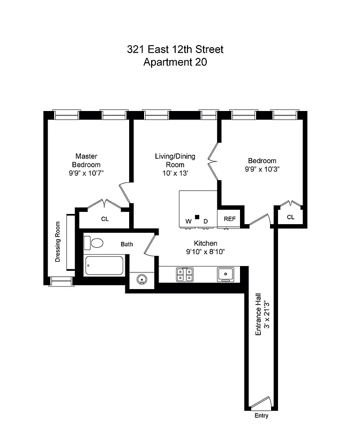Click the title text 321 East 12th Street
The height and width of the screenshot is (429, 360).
tap(175, 50)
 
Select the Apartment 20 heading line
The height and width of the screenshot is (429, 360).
tap(175, 62)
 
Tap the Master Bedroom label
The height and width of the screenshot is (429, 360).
tap(87, 160)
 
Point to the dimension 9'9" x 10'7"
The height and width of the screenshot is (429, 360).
tap(86, 173)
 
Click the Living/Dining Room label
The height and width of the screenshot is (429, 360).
tap(175, 160)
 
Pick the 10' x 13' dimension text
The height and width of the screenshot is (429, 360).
tap(175, 173)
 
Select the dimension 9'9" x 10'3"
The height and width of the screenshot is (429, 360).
tap(262, 169)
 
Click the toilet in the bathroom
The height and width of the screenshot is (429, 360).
tap(95, 243)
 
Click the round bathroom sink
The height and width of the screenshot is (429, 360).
tap(142, 279)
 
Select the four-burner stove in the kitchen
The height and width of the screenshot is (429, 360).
tap(185, 274)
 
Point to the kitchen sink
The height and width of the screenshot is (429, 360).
tap(227, 274)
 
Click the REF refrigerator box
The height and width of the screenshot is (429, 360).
tap(229, 219)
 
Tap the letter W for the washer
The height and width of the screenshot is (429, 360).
tap(188, 221)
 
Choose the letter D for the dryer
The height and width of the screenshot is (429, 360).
tap(205, 221)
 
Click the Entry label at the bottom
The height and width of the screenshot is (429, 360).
tap(261, 416)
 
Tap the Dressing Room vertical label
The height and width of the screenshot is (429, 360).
tap(58, 242)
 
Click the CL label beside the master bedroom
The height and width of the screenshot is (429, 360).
tap(105, 219)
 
